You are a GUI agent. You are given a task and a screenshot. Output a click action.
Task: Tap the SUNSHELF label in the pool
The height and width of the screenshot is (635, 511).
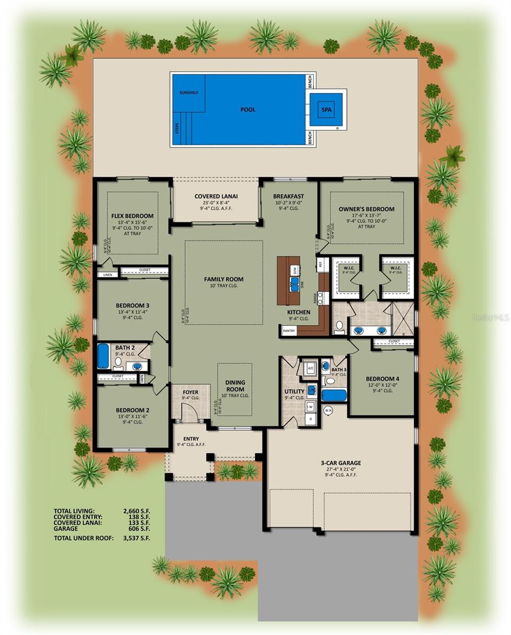click(188, 91)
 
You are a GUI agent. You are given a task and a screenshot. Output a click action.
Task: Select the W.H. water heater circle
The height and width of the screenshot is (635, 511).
click(328, 410)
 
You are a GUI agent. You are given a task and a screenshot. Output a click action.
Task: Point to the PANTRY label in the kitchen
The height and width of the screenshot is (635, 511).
click(288, 331)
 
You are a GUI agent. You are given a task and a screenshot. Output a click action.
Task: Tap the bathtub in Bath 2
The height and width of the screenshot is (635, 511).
click(103, 357)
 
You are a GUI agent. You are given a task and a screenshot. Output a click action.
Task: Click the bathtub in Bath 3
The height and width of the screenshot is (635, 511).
click(334, 395)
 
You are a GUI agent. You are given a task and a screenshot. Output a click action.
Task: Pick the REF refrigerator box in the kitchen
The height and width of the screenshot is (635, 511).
click(320, 263)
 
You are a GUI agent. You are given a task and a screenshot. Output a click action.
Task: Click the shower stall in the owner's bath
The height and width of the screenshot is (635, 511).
click(404, 316)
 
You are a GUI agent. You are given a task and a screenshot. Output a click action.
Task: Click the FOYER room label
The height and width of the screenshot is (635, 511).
click(191, 393)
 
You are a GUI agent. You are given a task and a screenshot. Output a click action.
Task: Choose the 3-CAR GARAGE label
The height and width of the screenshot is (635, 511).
click(340, 463)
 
